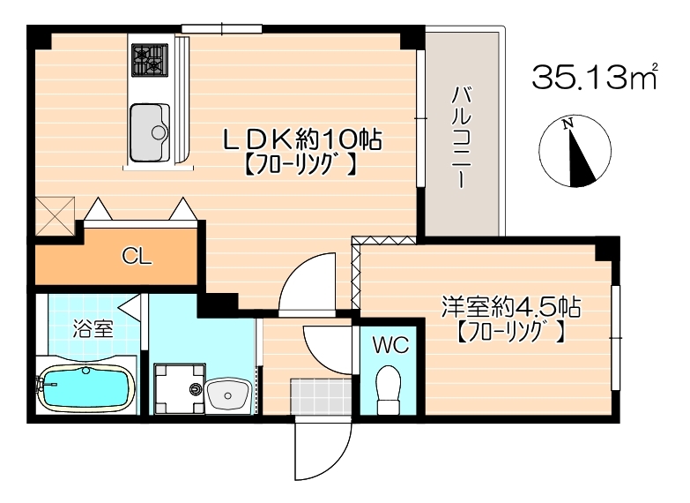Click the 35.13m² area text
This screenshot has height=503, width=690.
[x=596, y=78]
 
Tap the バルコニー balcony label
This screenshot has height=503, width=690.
[x=460, y=138]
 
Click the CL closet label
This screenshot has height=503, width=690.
[x=137, y=257]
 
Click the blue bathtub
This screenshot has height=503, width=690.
[x=85, y=389]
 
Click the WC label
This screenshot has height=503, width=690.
[x=390, y=345]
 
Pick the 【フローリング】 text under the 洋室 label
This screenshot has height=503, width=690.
[x=510, y=334]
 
